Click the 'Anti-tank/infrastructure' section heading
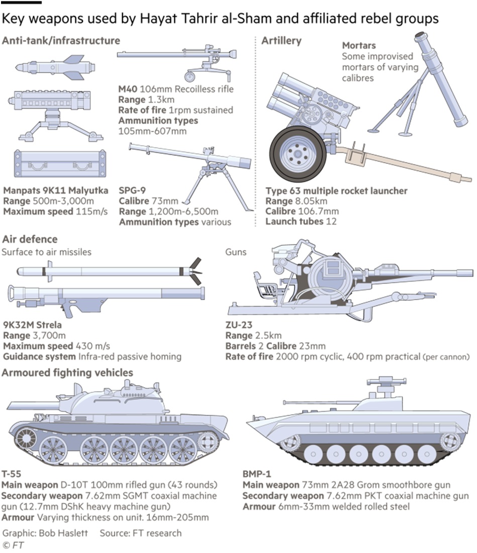61,40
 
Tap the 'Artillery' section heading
281,40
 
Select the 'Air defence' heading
30,239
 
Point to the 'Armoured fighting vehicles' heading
67,373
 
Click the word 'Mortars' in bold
359,46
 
